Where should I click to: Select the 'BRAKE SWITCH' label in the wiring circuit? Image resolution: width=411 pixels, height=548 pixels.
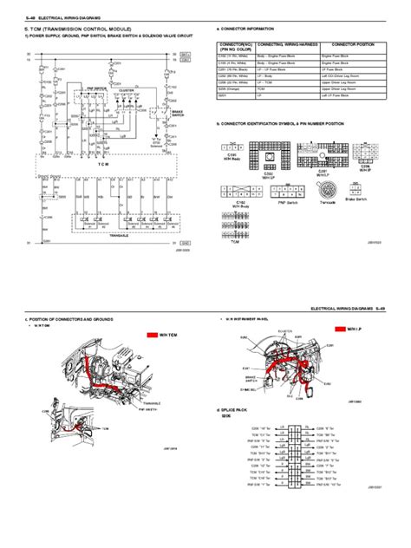coord(177,114)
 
